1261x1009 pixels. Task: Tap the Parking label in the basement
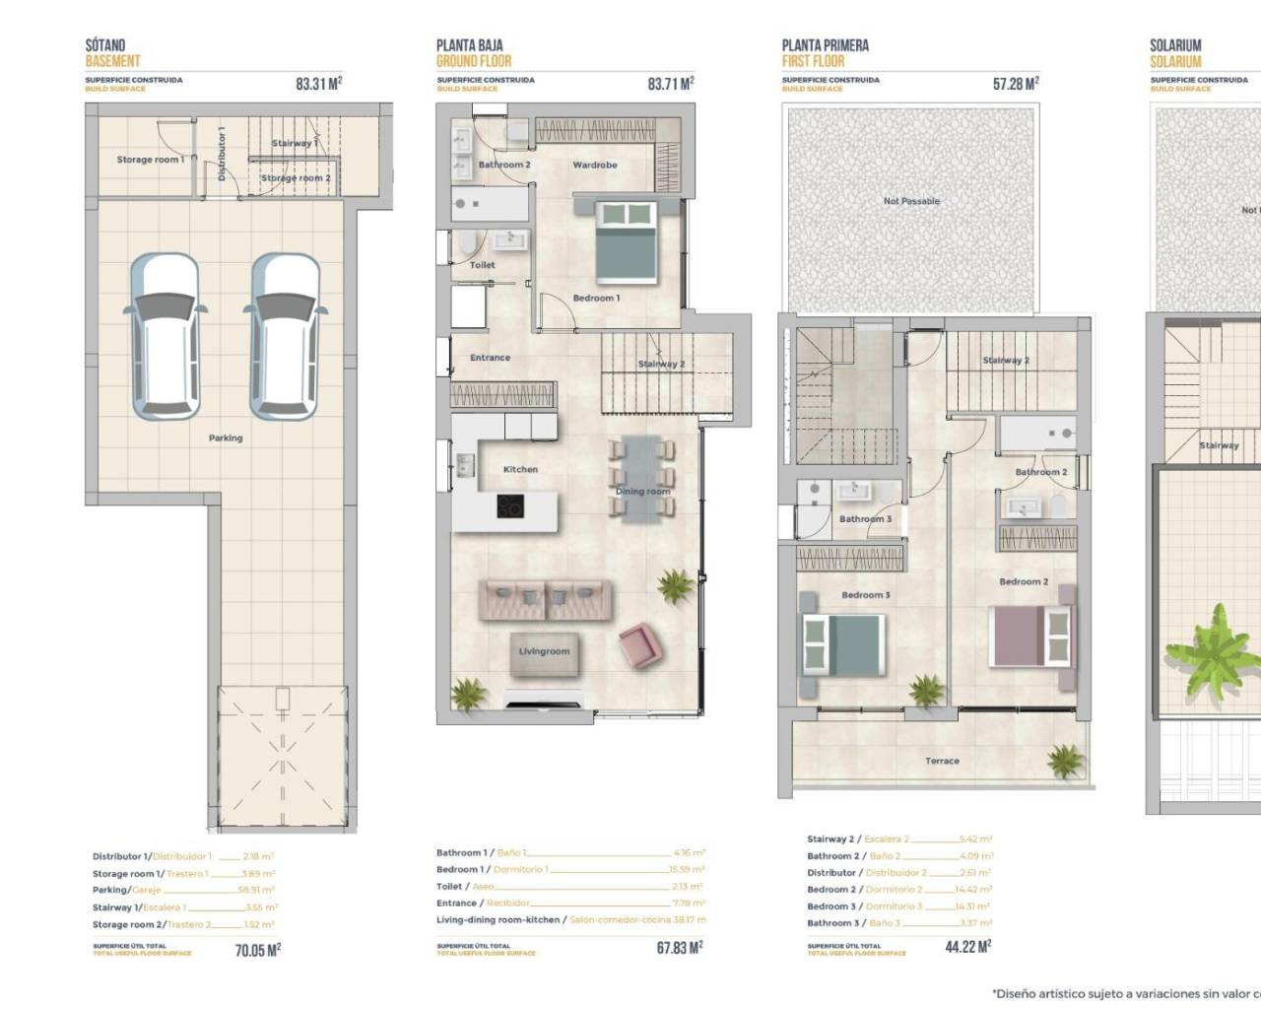point(226,437)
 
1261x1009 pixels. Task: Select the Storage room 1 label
point(150,160)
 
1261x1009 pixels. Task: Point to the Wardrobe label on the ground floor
point(595,165)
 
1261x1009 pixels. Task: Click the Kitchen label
point(520,469)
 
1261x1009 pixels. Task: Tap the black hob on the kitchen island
point(510,506)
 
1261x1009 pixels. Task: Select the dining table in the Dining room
point(642,477)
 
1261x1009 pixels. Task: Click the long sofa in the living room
point(545,599)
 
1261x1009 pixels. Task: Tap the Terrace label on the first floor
point(942,761)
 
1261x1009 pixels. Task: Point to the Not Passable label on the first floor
point(911,201)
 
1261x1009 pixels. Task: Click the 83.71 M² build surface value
point(670,84)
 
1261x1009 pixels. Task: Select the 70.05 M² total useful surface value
point(257,950)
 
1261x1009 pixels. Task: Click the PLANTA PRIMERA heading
point(825,45)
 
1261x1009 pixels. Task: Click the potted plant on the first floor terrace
point(1065,760)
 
